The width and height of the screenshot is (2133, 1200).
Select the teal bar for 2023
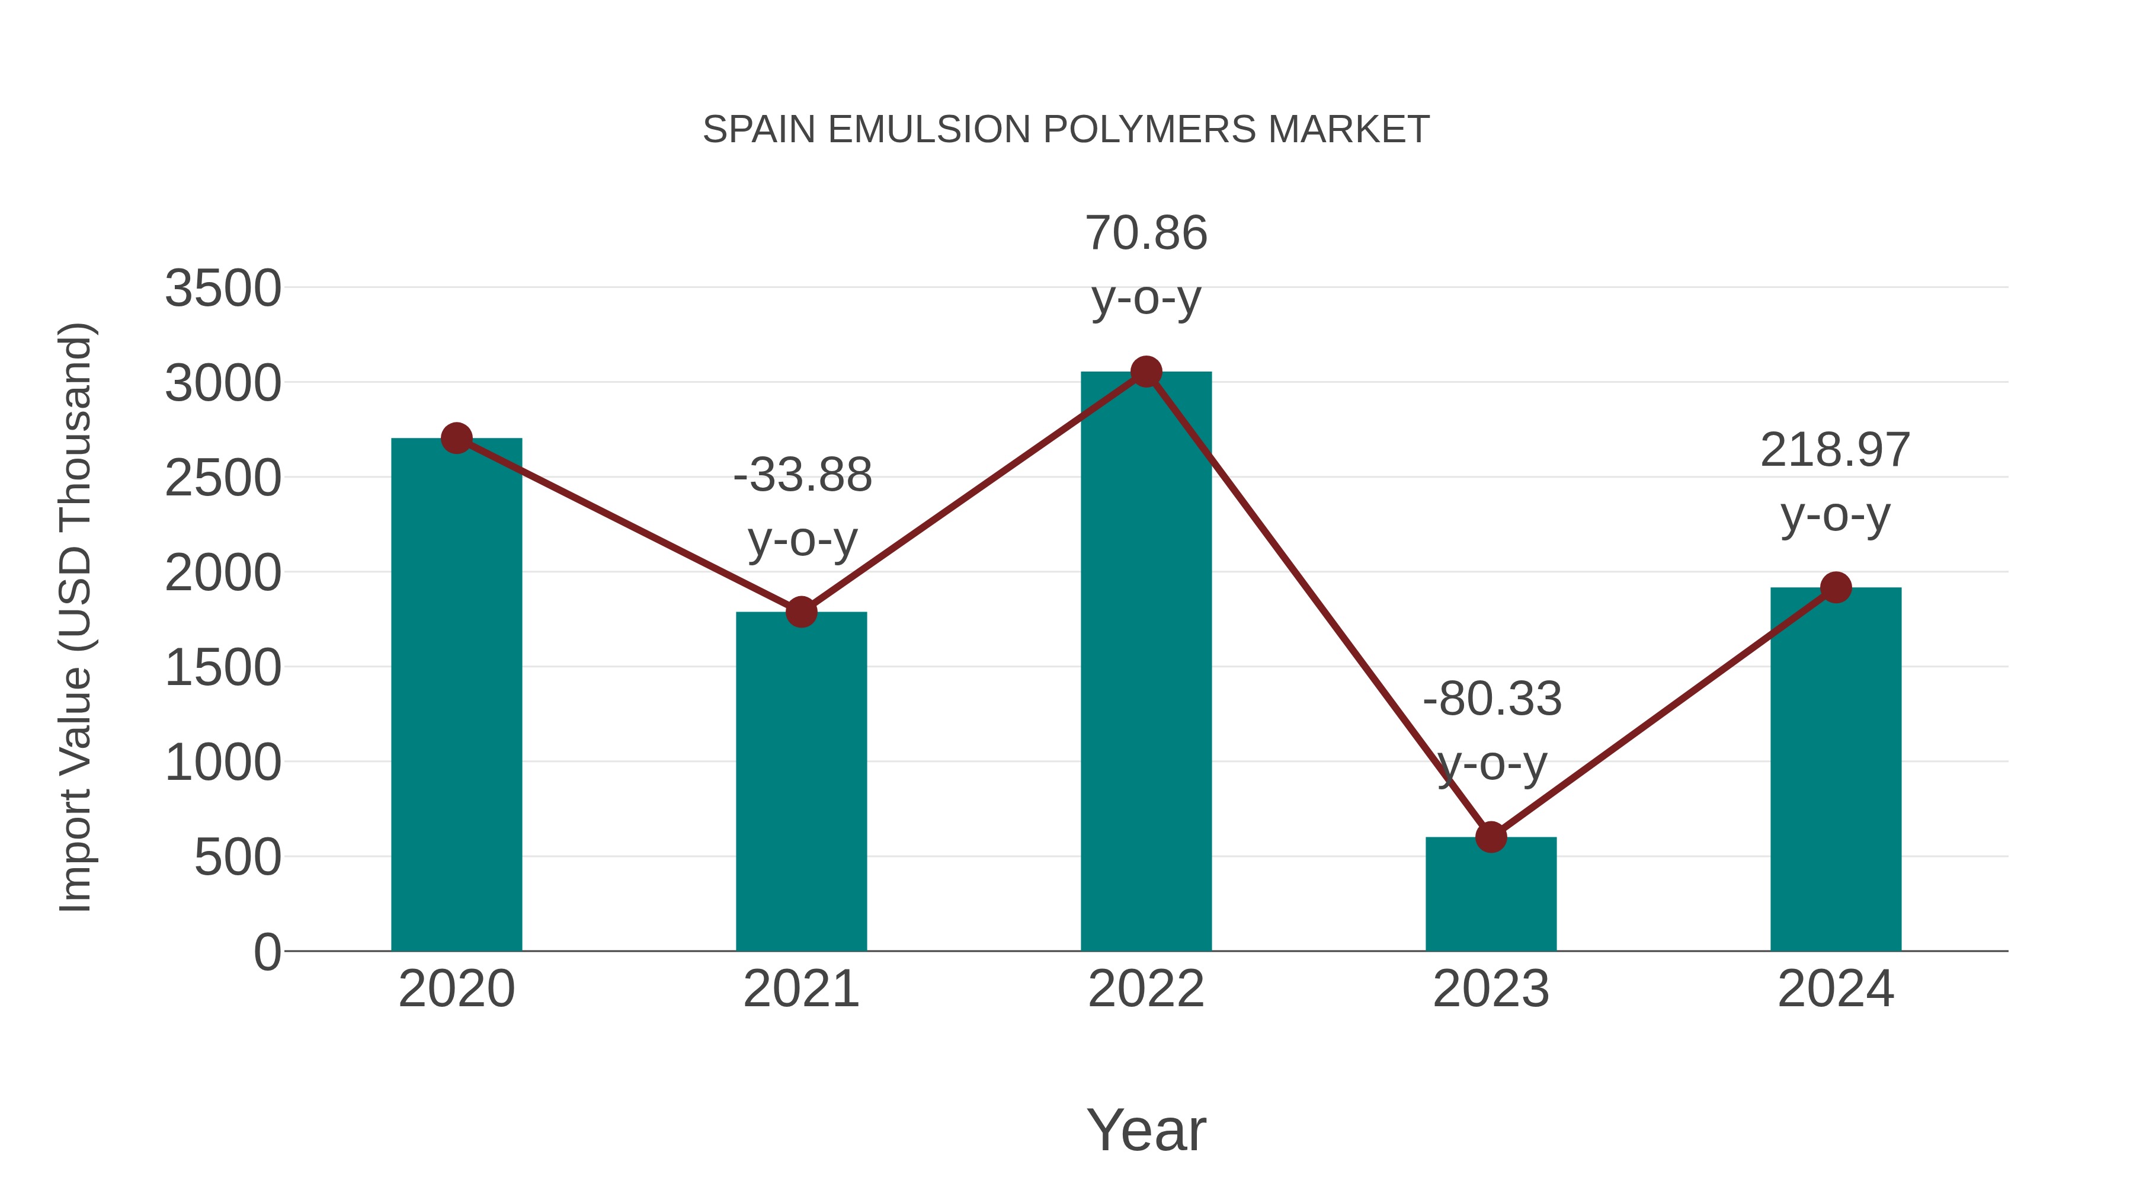coord(1491,894)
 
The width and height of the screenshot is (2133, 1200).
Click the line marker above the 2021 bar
coord(800,612)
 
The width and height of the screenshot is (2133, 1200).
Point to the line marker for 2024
coord(1836,587)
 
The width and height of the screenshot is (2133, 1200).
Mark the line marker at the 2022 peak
coord(1146,372)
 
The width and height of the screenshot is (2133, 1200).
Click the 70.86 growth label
coord(1146,233)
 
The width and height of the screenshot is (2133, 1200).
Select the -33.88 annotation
coord(802,475)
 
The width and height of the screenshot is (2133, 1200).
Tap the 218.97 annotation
coord(1835,450)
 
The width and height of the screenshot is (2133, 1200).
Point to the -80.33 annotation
coord(1492,699)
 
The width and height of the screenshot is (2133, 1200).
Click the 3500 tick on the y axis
coord(223,289)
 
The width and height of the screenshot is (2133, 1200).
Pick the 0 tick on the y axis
coord(267,952)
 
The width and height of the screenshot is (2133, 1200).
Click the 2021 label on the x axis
coord(800,989)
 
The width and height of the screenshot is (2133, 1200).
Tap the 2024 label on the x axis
coord(1835,989)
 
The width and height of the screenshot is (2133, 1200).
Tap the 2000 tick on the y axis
coord(223,573)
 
